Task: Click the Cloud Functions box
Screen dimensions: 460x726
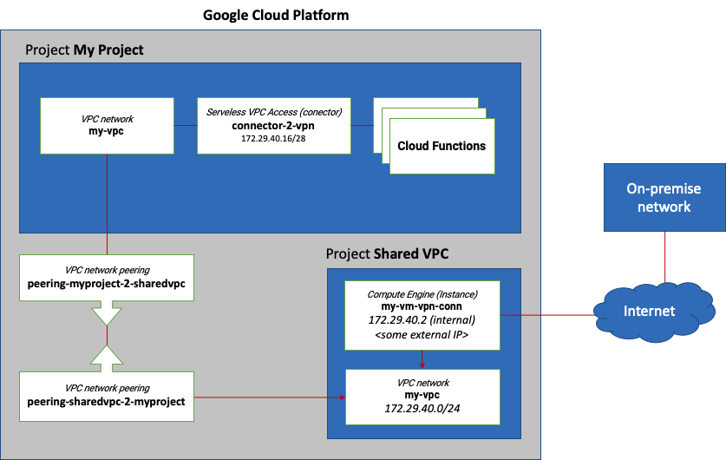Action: (441, 146)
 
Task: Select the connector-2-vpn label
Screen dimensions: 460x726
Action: (273, 125)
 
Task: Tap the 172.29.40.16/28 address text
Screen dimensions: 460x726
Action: (273, 139)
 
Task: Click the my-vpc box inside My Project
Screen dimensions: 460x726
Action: (107, 126)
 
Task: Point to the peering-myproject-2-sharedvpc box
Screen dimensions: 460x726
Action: (107, 278)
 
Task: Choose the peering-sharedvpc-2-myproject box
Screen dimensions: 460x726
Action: (107, 395)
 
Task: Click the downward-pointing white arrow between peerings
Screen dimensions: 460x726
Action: (107, 312)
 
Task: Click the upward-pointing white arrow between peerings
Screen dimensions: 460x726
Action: (107, 357)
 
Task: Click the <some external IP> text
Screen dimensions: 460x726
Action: (422, 335)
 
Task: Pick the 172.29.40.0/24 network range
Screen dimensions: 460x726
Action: (422, 409)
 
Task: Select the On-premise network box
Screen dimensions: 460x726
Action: (664, 197)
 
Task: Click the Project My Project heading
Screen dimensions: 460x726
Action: (84, 50)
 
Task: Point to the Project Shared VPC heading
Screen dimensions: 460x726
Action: (387, 253)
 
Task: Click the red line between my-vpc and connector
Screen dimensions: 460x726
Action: (185, 126)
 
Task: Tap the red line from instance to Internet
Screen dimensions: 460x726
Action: (546, 314)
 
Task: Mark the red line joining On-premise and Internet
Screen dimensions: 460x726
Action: (665, 258)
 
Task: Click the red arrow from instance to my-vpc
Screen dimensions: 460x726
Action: (422, 359)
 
